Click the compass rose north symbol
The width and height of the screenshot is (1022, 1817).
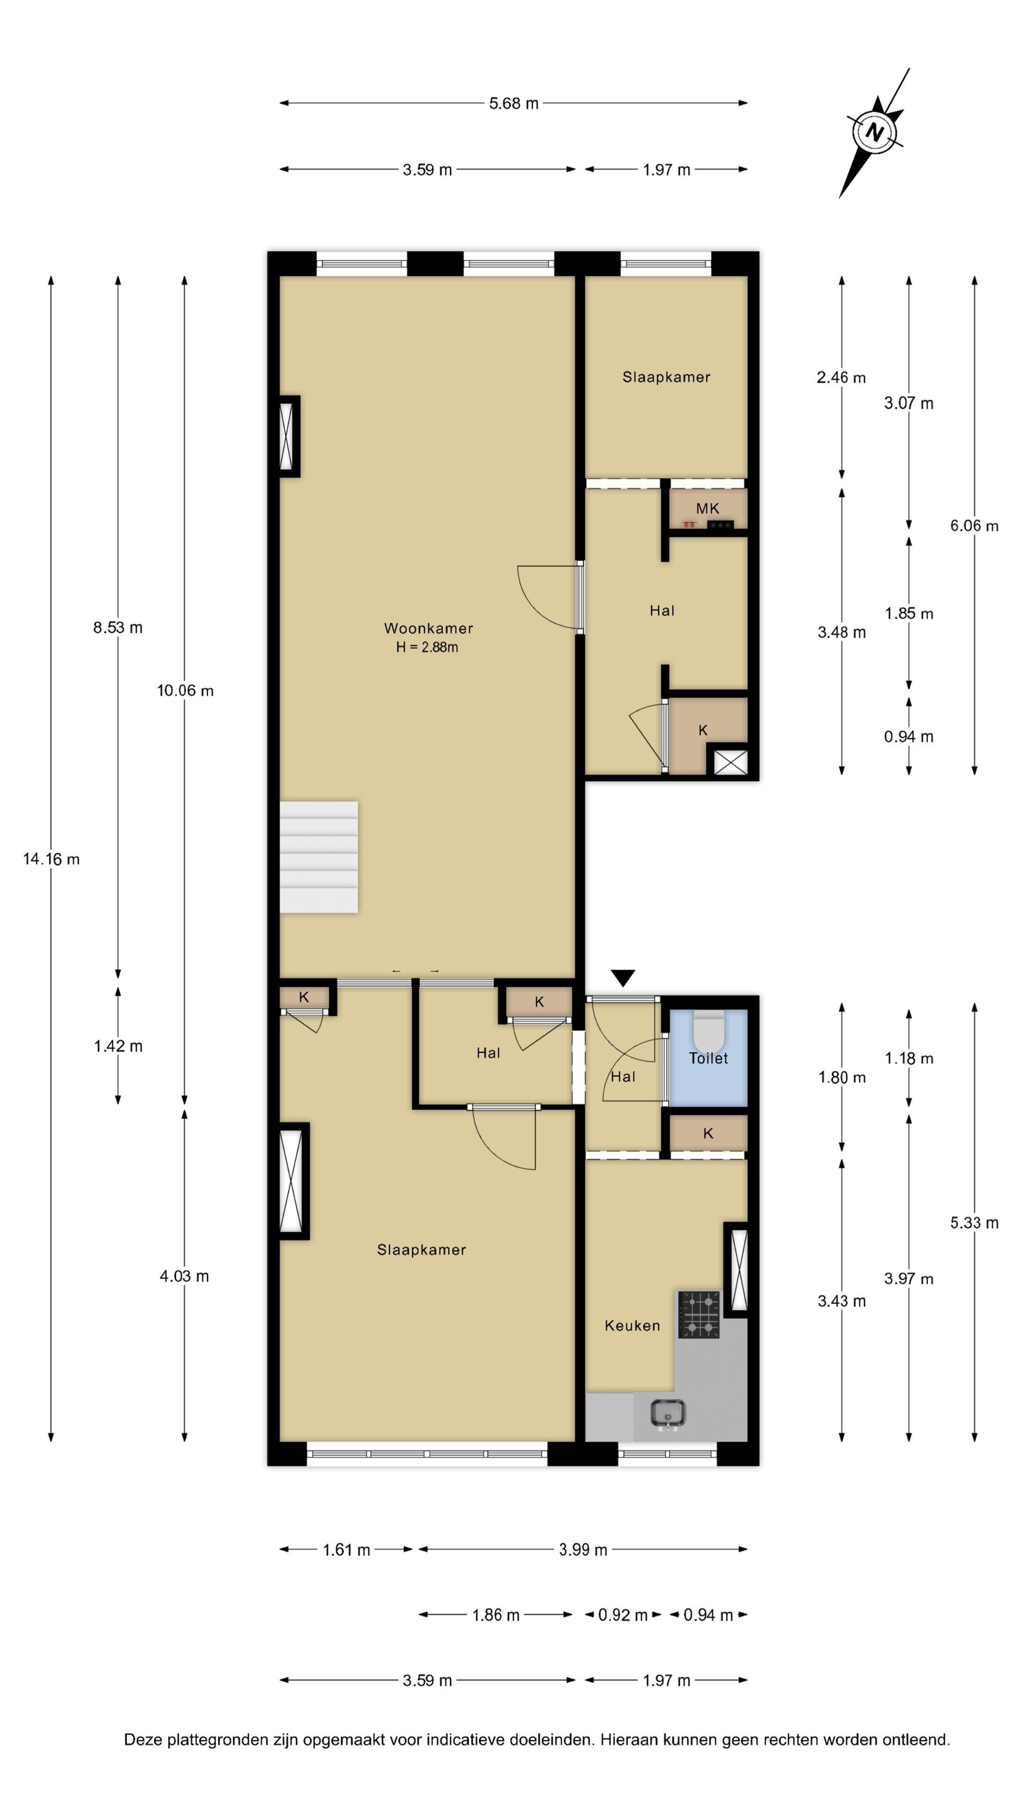pyautogui.click(x=874, y=132)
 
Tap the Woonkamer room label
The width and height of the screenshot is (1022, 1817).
pyautogui.click(x=428, y=628)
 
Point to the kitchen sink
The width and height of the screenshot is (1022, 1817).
pyautogui.click(x=667, y=1413)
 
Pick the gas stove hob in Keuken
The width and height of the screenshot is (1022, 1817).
pyautogui.click(x=699, y=1314)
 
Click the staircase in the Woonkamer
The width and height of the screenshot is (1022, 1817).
pyautogui.click(x=319, y=857)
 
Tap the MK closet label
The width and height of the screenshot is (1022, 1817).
pyautogui.click(x=707, y=509)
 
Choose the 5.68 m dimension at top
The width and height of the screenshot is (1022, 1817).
pyautogui.click(x=514, y=103)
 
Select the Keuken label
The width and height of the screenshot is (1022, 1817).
pyautogui.click(x=633, y=1326)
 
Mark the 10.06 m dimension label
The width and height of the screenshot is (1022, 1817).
pyautogui.click(x=185, y=691)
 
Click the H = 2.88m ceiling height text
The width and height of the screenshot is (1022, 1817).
pyautogui.click(x=426, y=647)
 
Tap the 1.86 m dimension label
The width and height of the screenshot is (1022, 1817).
pyautogui.click(x=496, y=1614)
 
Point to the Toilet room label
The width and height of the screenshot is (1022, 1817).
pyautogui.click(x=708, y=1058)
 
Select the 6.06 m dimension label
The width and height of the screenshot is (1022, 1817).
pyautogui.click(x=974, y=526)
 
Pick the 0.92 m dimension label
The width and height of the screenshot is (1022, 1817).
pyautogui.click(x=623, y=1614)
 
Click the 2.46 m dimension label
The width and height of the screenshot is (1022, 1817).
pyautogui.click(x=842, y=377)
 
